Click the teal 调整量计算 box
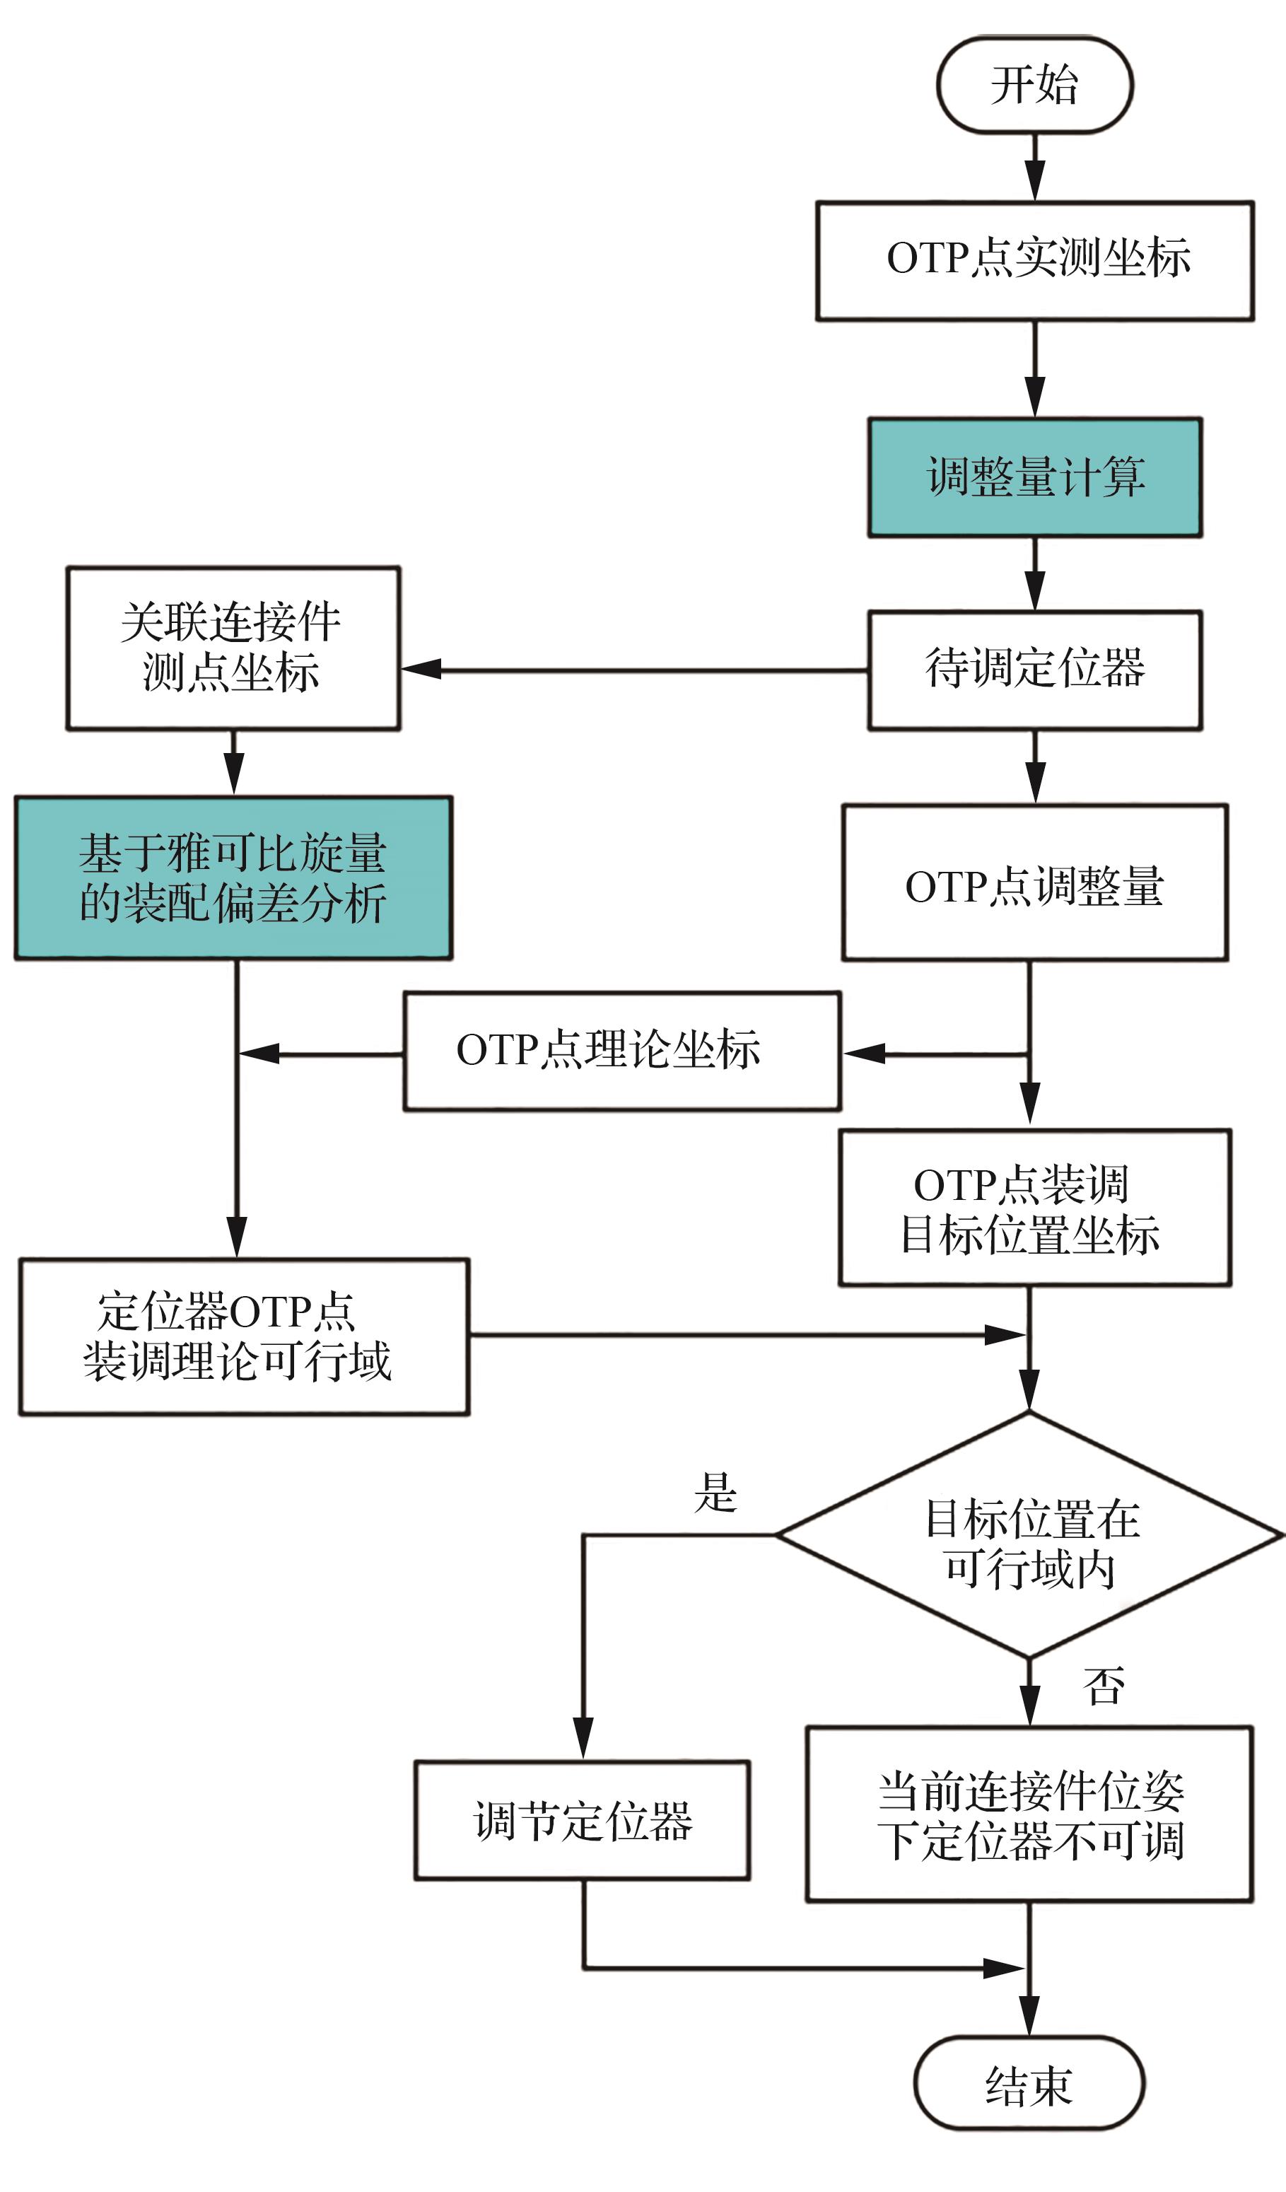click(1035, 477)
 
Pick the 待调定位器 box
click(1035, 670)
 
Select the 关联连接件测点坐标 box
click(233, 648)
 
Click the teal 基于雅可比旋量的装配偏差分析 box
click(233, 878)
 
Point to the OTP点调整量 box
click(1035, 883)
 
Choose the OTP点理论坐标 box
click(621, 1051)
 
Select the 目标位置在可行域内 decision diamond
click(1029, 1535)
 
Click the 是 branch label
click(715, 1493)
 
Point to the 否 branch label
click(1104, 1686)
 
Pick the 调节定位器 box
click(582, 1821)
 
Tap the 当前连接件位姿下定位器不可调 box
click(1029, 1814)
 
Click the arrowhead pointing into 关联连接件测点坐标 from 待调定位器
click(421, 669)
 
